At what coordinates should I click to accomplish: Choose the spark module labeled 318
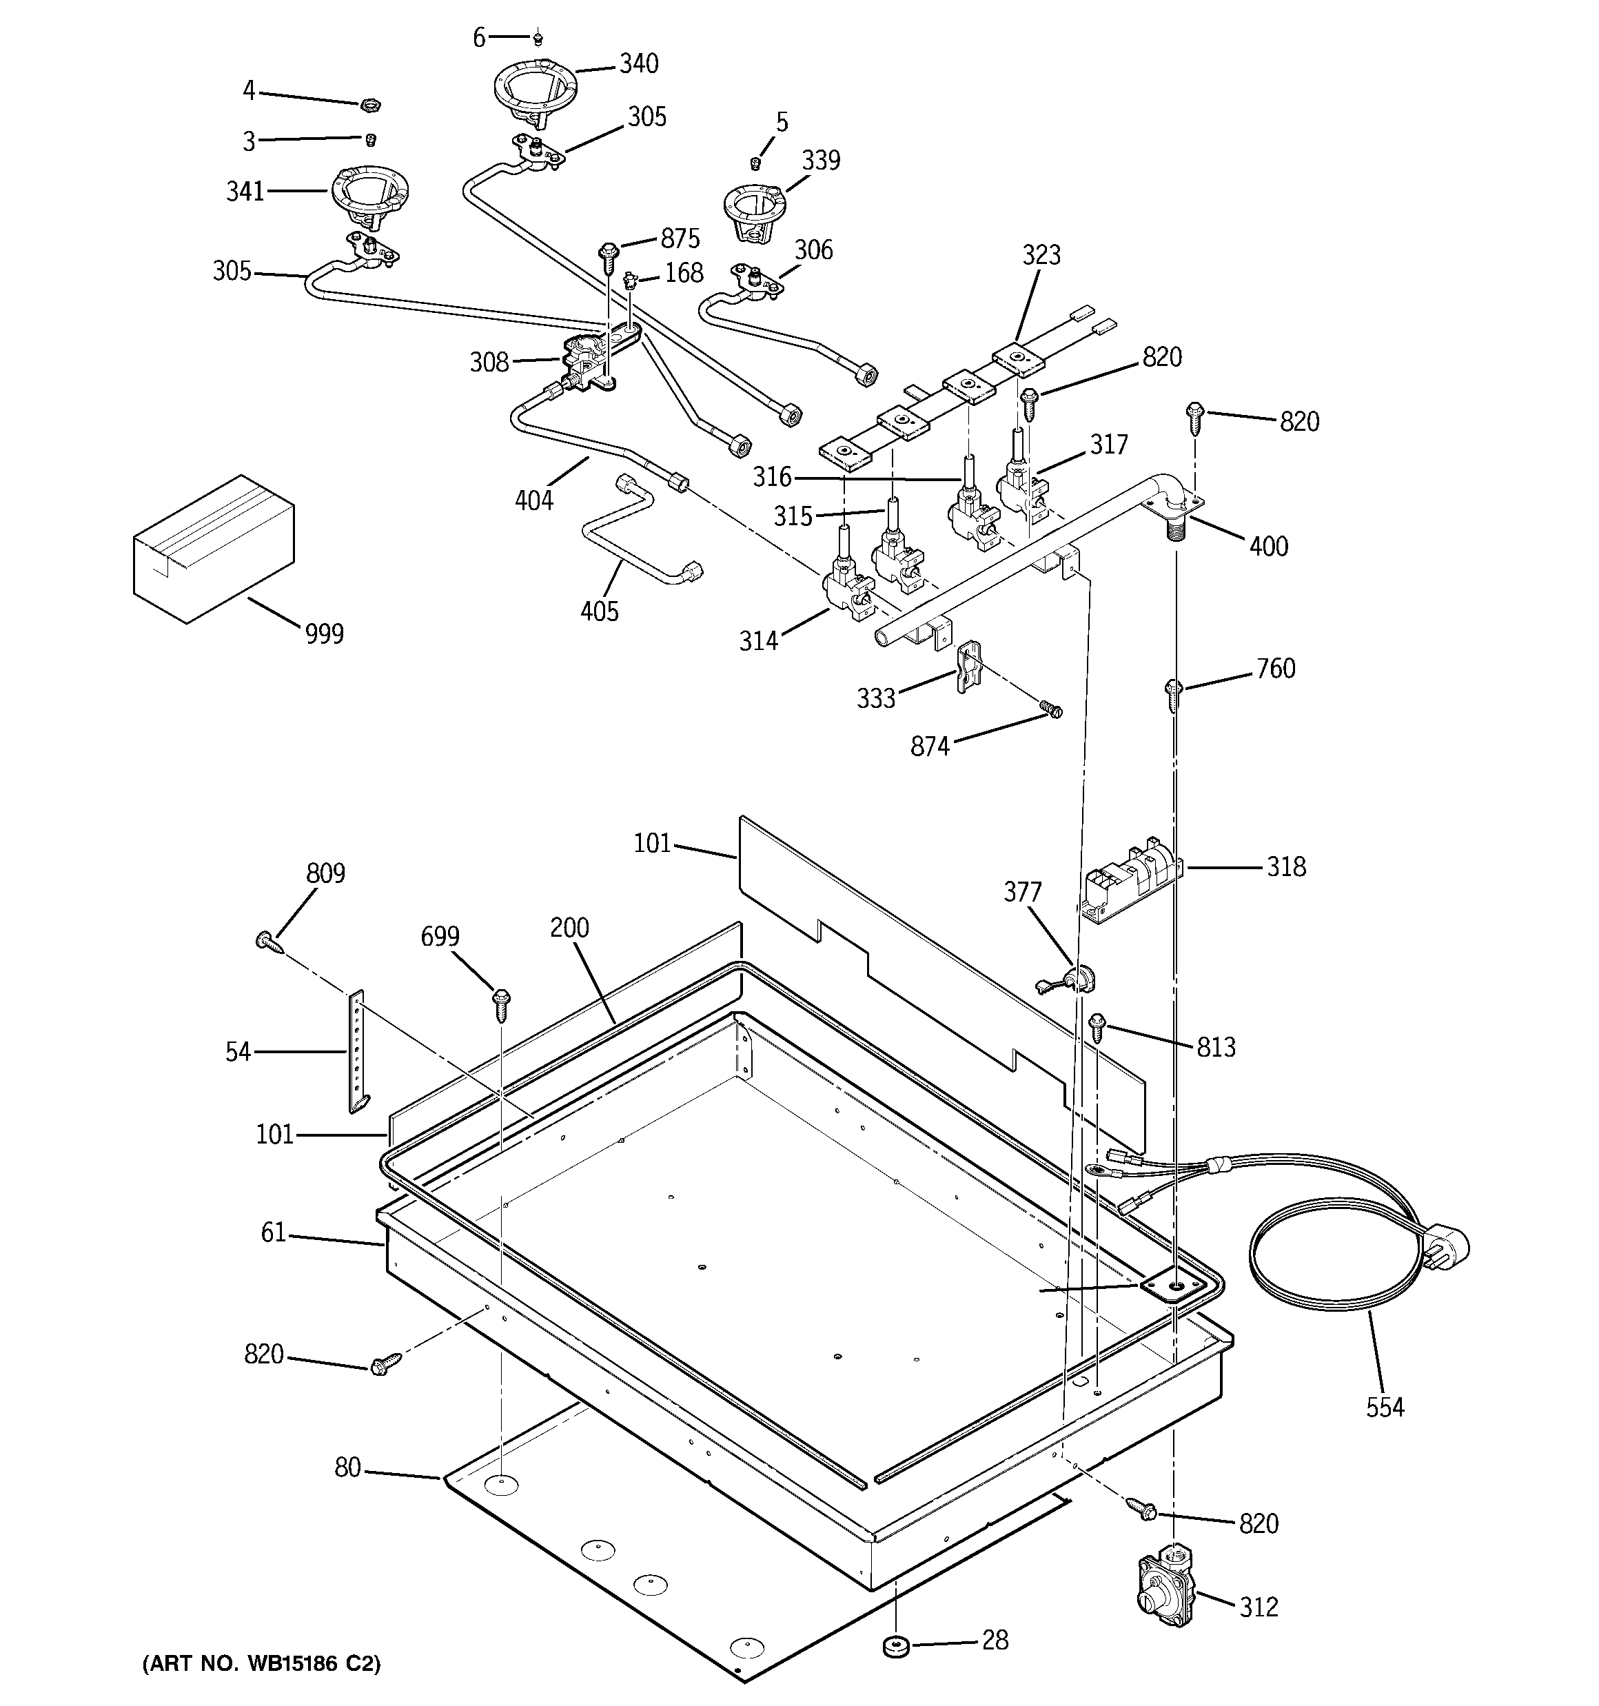[x=1131, y=880]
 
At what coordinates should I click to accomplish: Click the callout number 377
[x=1022, y=893]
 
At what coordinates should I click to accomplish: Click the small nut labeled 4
[x=369, y=105]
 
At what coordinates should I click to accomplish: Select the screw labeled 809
[x=268, y=942]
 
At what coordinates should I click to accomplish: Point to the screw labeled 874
[x=1050, y=709]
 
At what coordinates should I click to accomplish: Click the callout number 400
[x=1267, y=546]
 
